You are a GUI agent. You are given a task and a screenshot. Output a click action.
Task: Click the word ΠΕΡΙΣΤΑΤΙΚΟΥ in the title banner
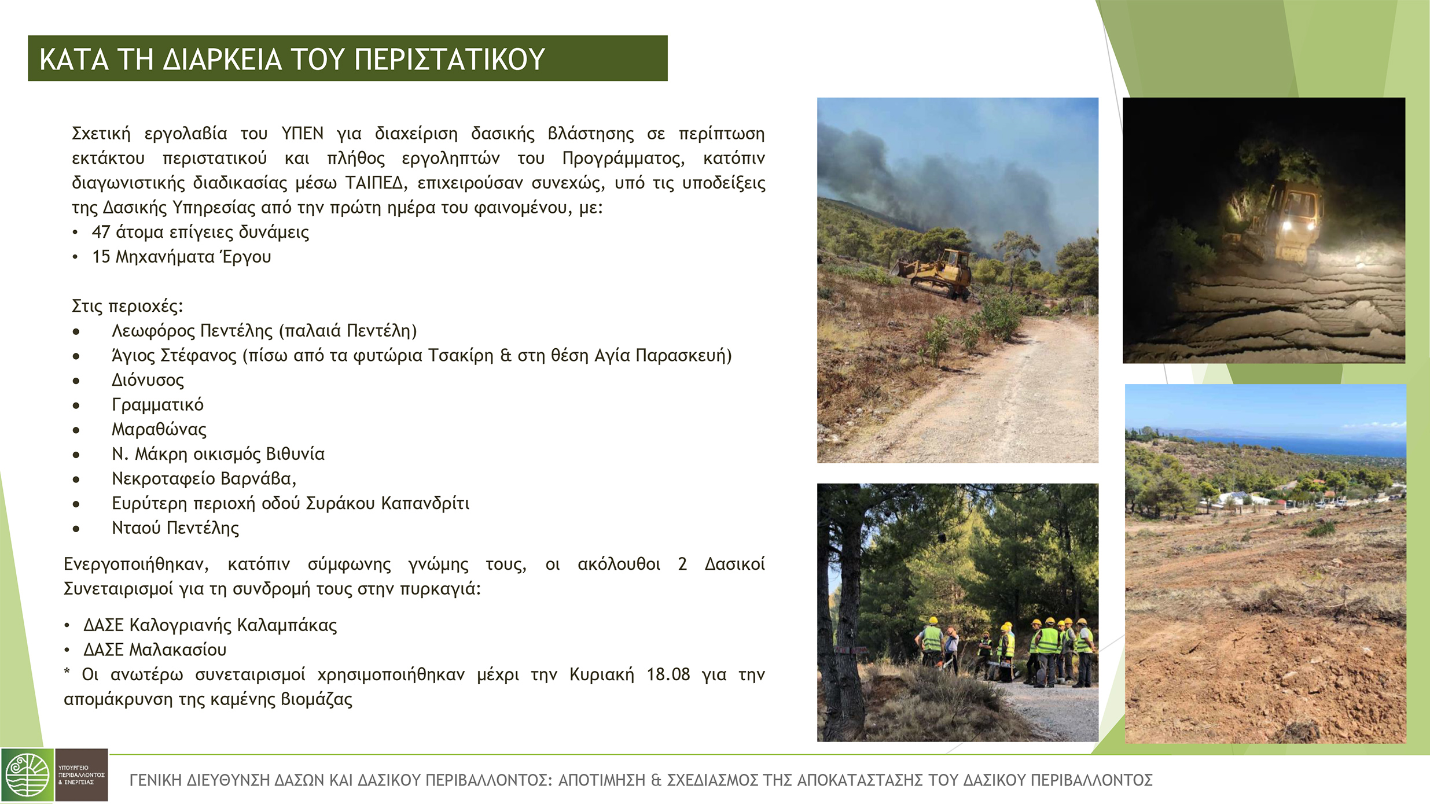[x=449, y=59]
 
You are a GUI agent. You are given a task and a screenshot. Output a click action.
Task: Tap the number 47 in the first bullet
[x=101, y=232]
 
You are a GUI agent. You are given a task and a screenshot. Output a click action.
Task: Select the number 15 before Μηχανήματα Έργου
[x=101, y=257]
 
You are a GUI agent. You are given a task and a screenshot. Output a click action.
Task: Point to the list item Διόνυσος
[x=148, y=380]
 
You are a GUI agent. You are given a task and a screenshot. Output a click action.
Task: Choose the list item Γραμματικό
[x=157, y=405]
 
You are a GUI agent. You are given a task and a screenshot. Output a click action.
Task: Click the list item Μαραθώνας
[x=159, y=429]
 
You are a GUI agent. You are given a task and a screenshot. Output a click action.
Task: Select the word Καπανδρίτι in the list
[x=425, y=503]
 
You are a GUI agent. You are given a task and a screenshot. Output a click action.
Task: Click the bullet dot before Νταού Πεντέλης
[x=76, y=528]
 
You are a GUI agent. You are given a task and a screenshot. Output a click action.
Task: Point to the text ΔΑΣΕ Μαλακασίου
[x=155, y=650]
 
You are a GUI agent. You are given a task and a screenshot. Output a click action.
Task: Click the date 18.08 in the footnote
[x=668, y=674]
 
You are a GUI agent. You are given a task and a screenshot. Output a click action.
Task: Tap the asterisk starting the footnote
[x=67, y=672]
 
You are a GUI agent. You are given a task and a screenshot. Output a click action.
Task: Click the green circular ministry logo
[x=27, y=776]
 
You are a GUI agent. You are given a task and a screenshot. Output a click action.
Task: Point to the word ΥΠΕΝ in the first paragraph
[x=303, y=134]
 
